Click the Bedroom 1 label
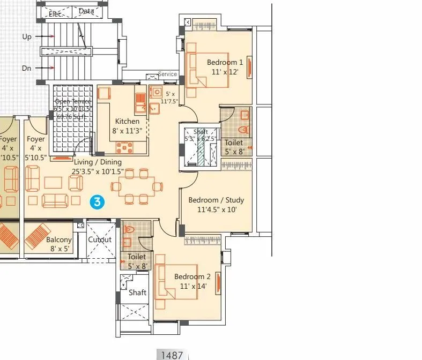pyautogui.click(x=225, y=62)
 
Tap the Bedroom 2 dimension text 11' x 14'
pyautogui.click(x=193, y=287)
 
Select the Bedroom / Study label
pyautogui.click(x=216, y=200)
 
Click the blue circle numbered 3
pyautogui.click(x=97, y=201)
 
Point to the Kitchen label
pyautogui.click(x=127, y=121)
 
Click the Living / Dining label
pyautogui.click(x=98, y=162)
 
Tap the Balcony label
pyautogui.click(x=58, y=240)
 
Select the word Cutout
pyautogui.click(x=100, y=239)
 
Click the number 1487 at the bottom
pyautogui.click(x=172, y=355)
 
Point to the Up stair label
pyautogui.click(x=27, y=36)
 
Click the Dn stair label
pyautogui.click(x=27, y=68)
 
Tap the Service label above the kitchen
pyautogui.click(x=167, y=74)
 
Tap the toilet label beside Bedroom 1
pyautogui.click(x=234, y=143)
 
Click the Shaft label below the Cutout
pyautogui.click(x=137, y=292)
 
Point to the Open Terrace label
pyautogui.click(x=73, y=102)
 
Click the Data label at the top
pyautogui.click(x=86, y=11)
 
